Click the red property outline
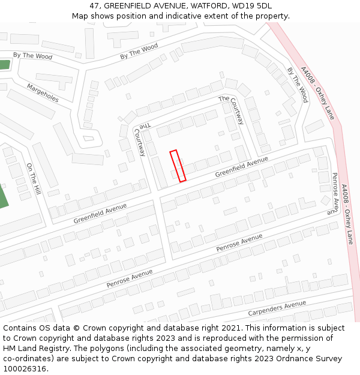pos(178,166)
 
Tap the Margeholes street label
pos(43,93)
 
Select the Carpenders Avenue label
pos(277,309)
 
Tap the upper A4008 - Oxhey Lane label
pos(317,92)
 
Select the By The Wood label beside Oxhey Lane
pos(297,85)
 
